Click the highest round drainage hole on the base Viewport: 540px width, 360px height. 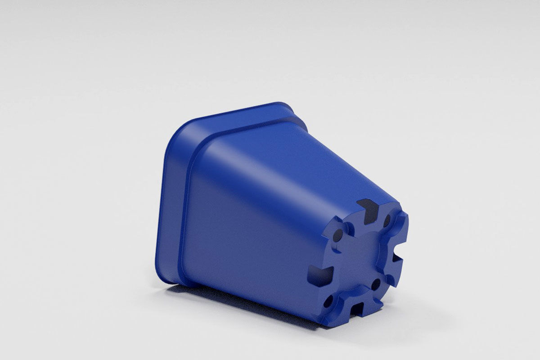[387, 220]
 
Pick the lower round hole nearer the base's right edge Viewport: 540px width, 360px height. [376, 284]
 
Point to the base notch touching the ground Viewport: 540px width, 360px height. [355, 310]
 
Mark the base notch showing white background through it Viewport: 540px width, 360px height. [396, 258]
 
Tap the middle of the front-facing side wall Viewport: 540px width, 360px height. [252, 225]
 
